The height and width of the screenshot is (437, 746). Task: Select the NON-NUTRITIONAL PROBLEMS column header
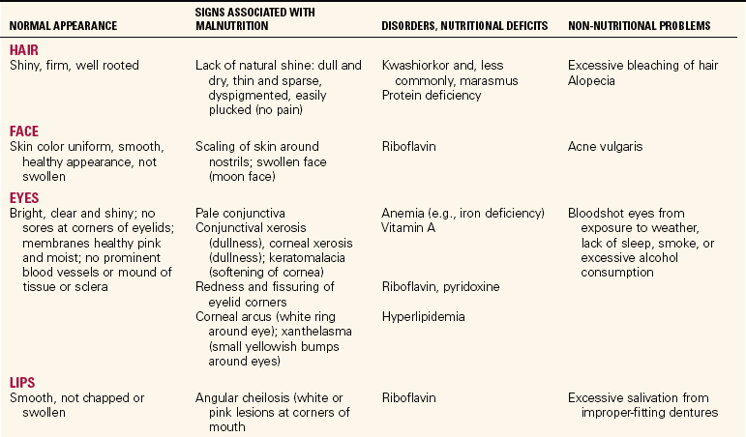pyautogui.click(x=639, y=23)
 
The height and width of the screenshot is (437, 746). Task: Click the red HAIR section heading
pyautogui.click(x=25, y=49)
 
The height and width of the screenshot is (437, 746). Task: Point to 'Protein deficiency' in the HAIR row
pyautogui.click(x=432, y=97)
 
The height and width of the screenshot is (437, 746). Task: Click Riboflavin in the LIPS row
pyautogui.click(x=409, y=397)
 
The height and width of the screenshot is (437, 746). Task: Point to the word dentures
pyautogui.click(x=683, y=413)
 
